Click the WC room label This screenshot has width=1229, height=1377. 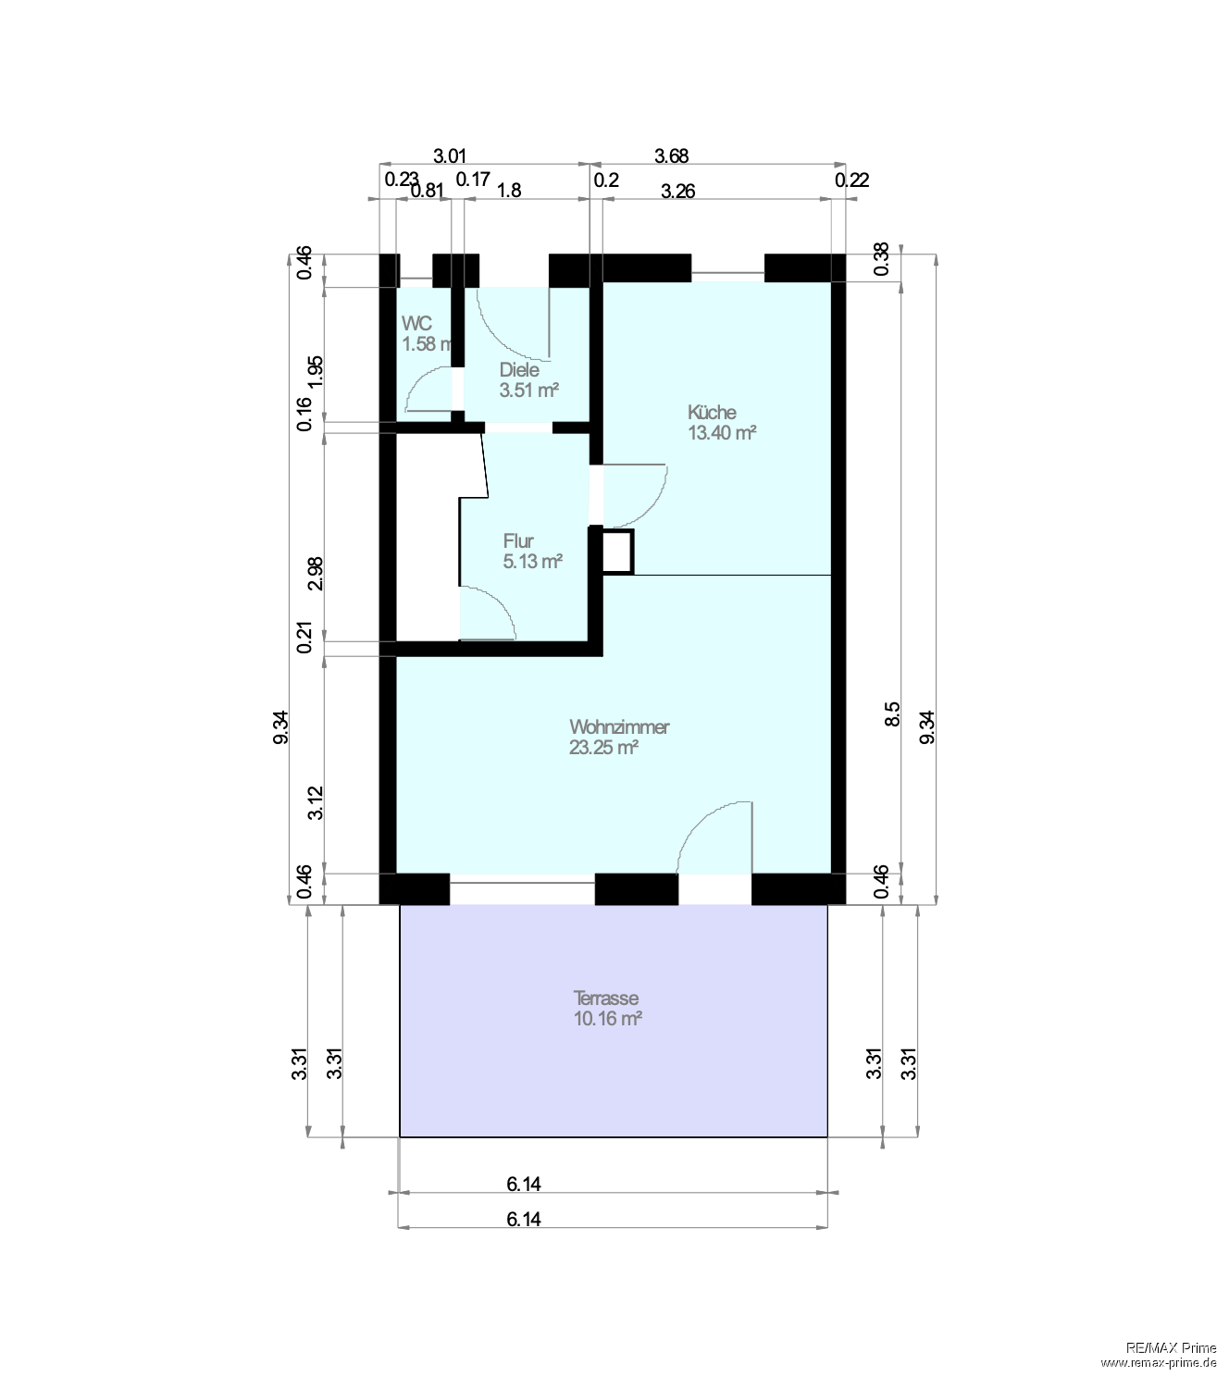click(416, 324)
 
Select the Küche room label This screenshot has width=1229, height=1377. click(712, 412)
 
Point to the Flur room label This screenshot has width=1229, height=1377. click(518, 540)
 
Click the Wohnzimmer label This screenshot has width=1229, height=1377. click(619, 726)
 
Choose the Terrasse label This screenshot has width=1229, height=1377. click(606, 999)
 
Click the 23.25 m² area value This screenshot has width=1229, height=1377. click(603, 748)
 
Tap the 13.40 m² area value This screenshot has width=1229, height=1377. click(722, 432)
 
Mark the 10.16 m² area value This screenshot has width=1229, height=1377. click(608, 1019)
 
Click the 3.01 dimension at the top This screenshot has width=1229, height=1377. click(450, 155)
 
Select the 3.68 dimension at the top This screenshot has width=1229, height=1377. click(671, 155)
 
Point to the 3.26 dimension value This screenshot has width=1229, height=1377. click(677, 192)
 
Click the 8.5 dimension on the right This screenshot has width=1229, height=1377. click(892, 714)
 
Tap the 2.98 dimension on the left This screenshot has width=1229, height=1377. click(316, 573)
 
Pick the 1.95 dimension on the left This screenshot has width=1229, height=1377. click(316, 372)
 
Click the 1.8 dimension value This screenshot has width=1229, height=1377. click(509, 191)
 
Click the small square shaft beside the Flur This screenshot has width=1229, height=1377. click(617, 552)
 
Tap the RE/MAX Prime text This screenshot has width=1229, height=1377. click(1171, 1347)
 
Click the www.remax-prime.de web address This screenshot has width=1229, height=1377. click(1158, 1362)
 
